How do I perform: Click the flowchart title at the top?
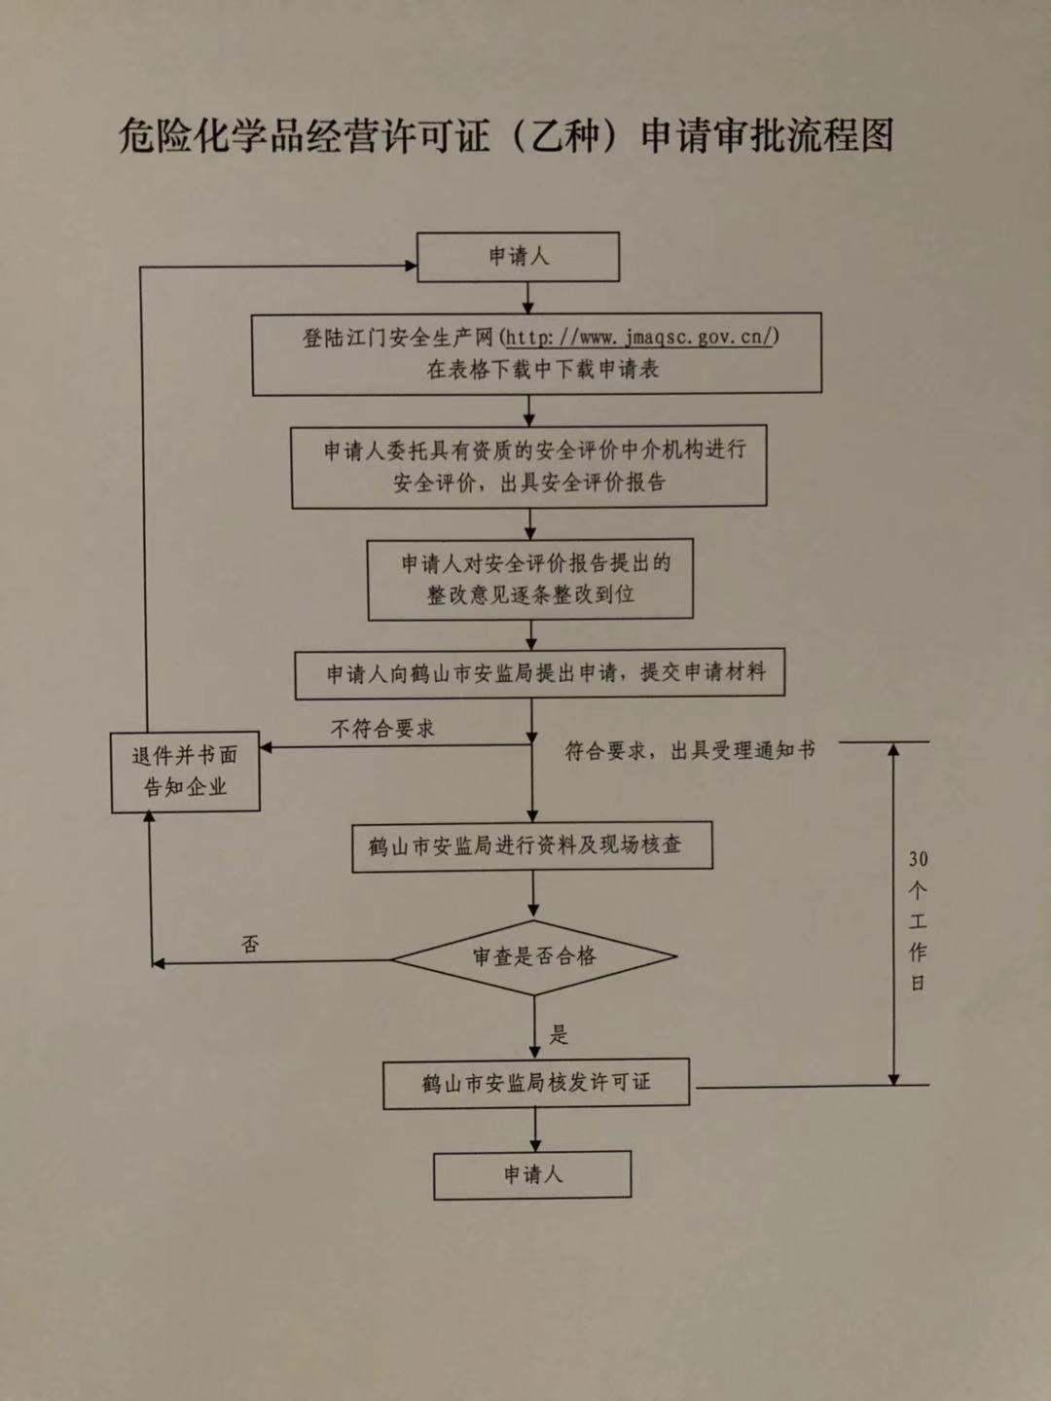pyautogui.click(x=506, y=136)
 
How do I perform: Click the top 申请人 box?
pyautogui.click(x=519, y=257)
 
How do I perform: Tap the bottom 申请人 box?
pyautogui.click(x=532, y=1174)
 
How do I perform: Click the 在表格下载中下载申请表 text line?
pyautogui.click(x=542, y=370)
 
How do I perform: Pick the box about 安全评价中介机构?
pyautogui.click(x=529, y=466)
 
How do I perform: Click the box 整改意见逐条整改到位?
pyautogui.click(x=530, y=579)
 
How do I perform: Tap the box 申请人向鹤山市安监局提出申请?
pyautogui.click(x=540, y=674)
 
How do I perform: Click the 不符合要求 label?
pyautogui.click(x=382, y=729)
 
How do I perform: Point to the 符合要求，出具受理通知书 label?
pyautogui.click(x=690, y=751)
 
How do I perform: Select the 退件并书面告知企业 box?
pyautogui.click(x=185, y=772)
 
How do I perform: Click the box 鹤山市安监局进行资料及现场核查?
pyautogui.click(x=532, y=846)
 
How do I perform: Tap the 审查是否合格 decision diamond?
pyautogui.click(x=534, y=957)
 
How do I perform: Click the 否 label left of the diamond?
pyautogui.click(x=250, y=944)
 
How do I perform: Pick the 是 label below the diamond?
pyautogui.click(x=559, y=1035)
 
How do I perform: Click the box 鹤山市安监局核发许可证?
pyautogui.click(x=536, y=1084)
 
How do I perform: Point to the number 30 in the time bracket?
pyautogui.click(x=918, y=860)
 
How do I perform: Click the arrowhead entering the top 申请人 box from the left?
pyautogui.click(x=411, y=264)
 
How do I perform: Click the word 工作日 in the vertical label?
pyautogui.click(x=918, y=952)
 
